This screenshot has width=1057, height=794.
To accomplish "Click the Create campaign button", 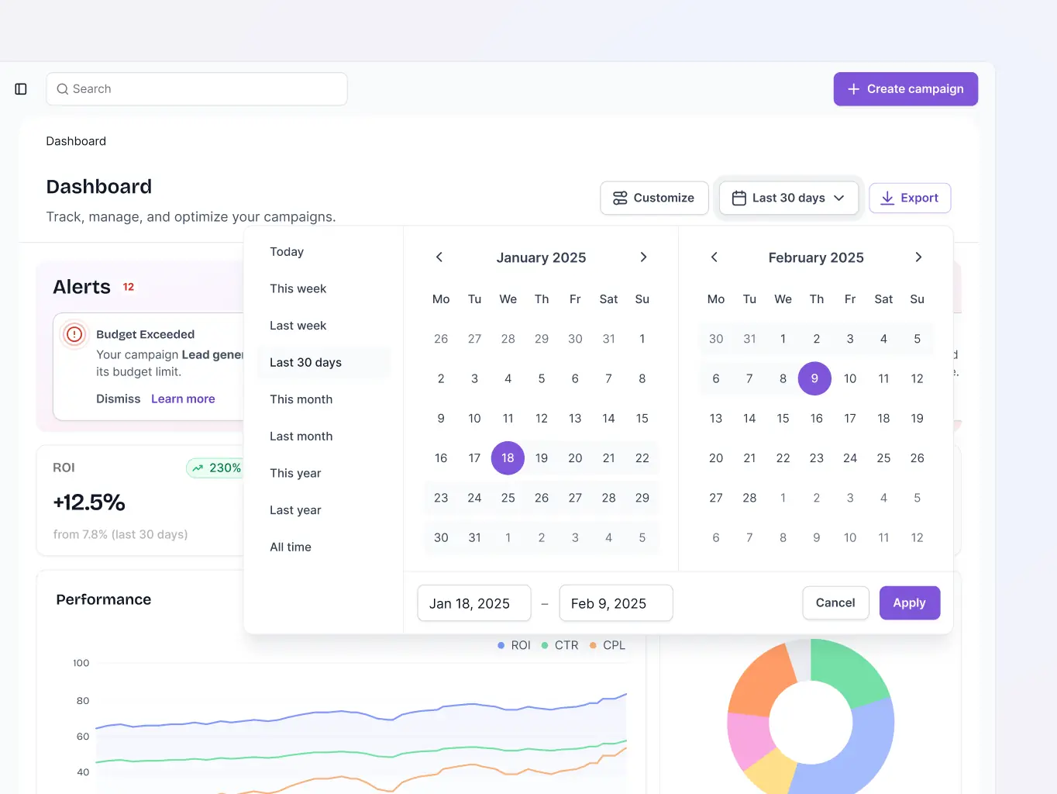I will pos(905,89).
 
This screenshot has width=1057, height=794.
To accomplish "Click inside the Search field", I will pos(197,89).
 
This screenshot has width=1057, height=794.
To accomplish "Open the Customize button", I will pos(654,198).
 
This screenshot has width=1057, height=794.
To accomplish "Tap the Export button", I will pos(910,198).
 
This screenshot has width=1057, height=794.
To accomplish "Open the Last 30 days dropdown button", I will pos(788,198).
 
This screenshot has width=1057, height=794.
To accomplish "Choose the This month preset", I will pos(301,399).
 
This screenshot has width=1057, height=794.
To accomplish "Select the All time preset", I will pos(291,547).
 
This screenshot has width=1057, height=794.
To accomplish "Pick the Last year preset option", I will pos(295,510).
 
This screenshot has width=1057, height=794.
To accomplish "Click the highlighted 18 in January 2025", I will pos(508,458).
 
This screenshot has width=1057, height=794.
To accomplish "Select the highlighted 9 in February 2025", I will pos(814,378).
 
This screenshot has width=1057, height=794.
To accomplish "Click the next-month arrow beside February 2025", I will pos(918,257).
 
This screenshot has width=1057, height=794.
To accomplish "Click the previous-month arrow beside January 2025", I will pos(439,257).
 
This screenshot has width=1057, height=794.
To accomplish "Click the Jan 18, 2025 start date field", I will pos(473,603).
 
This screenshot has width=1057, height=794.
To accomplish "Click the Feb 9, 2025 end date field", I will pos(615,603).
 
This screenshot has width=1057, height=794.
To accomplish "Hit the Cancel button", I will pos(835,603).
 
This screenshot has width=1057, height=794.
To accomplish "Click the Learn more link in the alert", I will pos(183,399).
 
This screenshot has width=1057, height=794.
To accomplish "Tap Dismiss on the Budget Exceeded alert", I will pos(119,399).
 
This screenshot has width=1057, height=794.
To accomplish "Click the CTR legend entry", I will pos(566,645).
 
